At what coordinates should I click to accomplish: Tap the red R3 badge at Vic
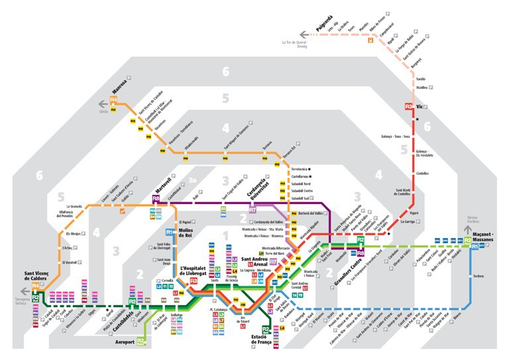click(x=409, y=106)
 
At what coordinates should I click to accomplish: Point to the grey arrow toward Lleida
click(x=102, y=103)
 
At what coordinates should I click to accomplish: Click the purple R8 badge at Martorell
click(x=156, y=198)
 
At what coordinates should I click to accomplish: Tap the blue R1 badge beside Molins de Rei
click(x=170, y=232)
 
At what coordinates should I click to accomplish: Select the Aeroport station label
click(x=123, y=342)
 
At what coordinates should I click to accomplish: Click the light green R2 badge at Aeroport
click(x=141, y=341)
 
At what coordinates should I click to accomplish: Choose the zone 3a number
click(x=192, y=180)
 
